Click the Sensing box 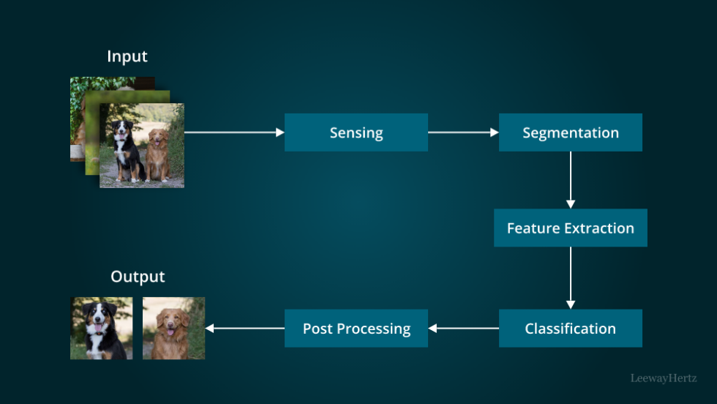pos(356,132)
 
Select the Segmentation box pos(570,132)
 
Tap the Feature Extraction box pos(570,228)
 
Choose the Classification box pos(570,329)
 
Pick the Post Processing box pos(356,329)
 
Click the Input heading pos(127,56)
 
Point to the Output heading pos(138,277)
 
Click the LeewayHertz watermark pos(664,378)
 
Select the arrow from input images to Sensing pos(234,132)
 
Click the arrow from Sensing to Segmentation pos(463,132)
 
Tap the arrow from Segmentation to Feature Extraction pos(571,180)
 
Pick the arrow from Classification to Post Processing pos(464,329)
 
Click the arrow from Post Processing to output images pos(245,329)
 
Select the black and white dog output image pos(101,328)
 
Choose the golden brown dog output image pos(173,328)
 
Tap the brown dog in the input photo pos(157,154)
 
